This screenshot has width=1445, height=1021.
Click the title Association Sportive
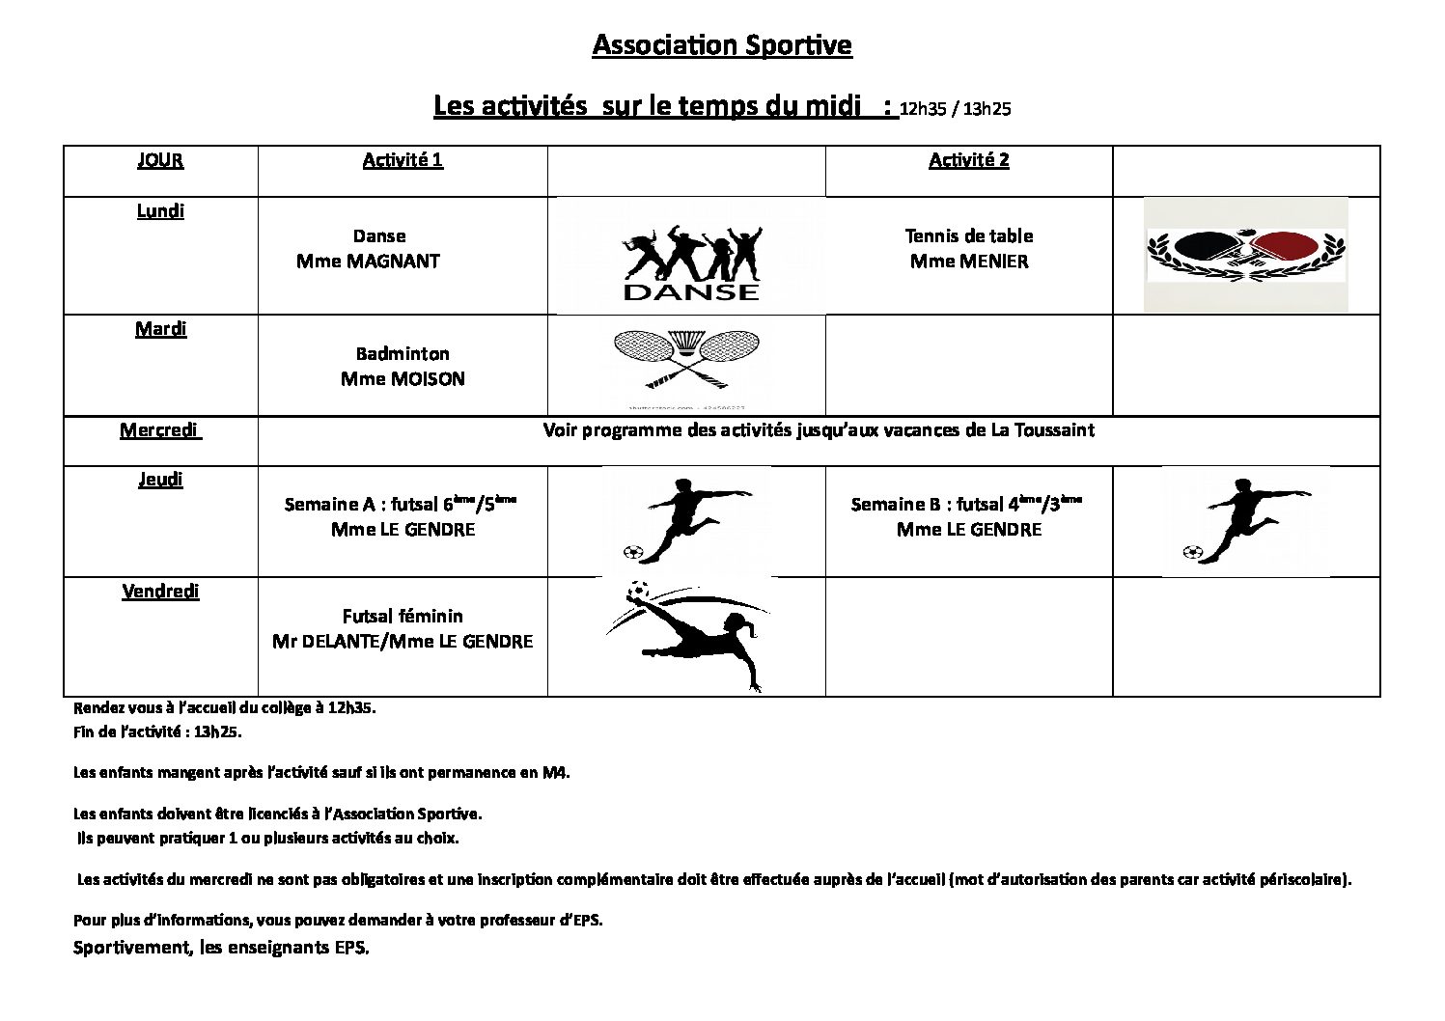coord(722,45)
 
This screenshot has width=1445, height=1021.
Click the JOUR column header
coord(160,160)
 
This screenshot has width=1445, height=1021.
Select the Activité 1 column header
coord(403,160)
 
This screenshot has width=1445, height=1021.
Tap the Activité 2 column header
coord(968,160)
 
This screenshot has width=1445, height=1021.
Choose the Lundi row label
coord(160,211)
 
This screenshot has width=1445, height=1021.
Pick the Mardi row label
coord(160,329)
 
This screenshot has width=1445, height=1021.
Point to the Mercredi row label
coord(160,430)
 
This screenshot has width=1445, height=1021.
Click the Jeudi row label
coord(160,480)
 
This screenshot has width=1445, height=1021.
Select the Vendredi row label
coord(160,592)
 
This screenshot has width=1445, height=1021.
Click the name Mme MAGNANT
coord(368,262)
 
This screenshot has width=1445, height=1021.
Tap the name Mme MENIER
coord(969,262)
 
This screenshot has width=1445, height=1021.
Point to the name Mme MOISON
coord(403,379)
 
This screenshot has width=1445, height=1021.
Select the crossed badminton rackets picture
coord(686,359)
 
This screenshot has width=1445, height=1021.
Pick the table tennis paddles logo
coord(1245,255)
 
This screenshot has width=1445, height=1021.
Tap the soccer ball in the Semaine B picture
coord(1192,553)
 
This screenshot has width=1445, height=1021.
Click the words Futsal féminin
coord(403,617)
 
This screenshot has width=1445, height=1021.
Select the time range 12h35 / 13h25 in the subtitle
coord(955,109)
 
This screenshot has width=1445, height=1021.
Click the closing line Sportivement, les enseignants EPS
coord(221,948)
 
